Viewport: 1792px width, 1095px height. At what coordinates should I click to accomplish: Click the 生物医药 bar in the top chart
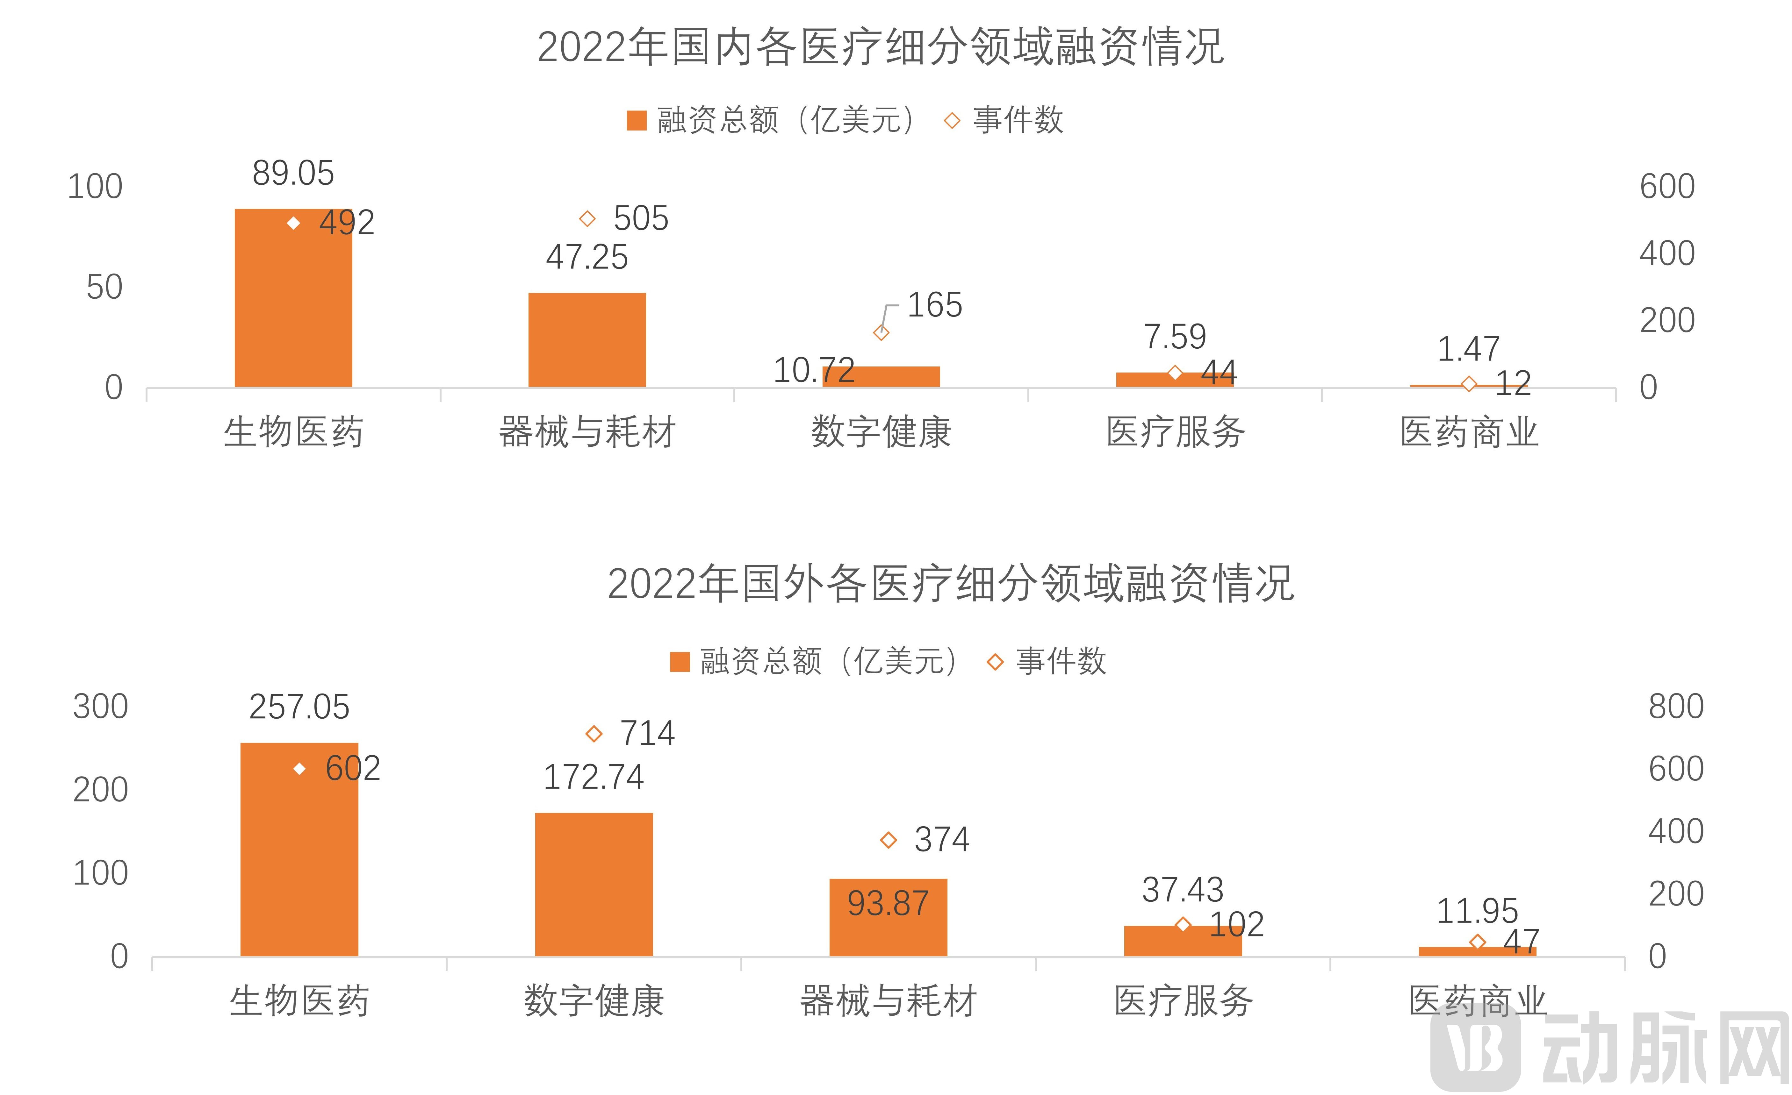point(293,305)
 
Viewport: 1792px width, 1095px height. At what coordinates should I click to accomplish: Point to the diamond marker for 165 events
point(881,333)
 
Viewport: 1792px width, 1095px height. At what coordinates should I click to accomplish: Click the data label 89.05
point(293,173)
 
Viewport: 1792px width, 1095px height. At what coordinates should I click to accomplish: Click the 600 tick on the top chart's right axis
point(1667,187)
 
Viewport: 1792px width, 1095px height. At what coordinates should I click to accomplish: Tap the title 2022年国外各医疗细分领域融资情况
point(951,584)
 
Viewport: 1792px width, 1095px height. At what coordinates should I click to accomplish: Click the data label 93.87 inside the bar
point(888,904)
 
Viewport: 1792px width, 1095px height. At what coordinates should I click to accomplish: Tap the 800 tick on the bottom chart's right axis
point(1676,707)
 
